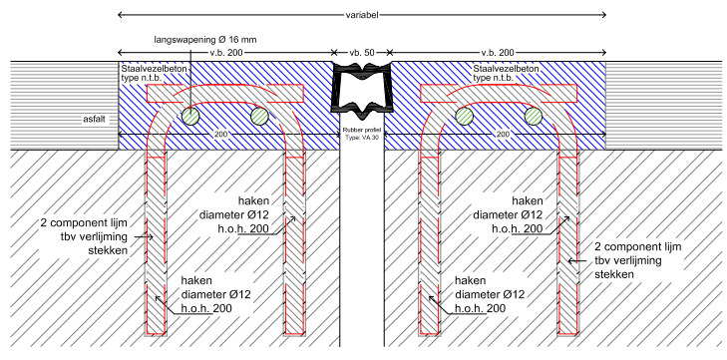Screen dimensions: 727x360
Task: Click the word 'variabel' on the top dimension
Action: click(x=362, y=15)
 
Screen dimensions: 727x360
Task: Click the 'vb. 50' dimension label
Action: click(x=362, y=53)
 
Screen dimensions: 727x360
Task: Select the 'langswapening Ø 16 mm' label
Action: click(x=205, y=40)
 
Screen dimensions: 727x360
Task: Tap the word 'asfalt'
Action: click(x=94, y=120)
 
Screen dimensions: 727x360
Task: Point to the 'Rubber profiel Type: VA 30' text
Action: click(x=362, y=134)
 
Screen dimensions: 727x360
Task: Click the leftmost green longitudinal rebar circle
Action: click(x=190, y=116)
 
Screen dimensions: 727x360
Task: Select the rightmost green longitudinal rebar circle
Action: click(x=534, y=116)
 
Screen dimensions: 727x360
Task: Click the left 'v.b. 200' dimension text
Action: click(x=226, y=53)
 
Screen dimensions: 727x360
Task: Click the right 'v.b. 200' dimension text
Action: click(x=498, y=53)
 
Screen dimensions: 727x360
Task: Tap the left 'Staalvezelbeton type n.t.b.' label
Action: click(x=155, y=74)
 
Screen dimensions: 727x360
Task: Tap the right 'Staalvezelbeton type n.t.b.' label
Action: click(x=507, y=74)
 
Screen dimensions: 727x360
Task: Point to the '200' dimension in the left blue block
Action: click(x=221, y=135)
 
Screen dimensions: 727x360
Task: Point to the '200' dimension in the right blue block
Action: click(x=503, y=135)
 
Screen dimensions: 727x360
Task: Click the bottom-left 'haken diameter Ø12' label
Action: click(x=216, y=294)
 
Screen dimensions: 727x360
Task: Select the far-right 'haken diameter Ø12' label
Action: click(x=508, y=214)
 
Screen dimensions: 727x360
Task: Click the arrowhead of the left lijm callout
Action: click(x=152, y=237)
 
